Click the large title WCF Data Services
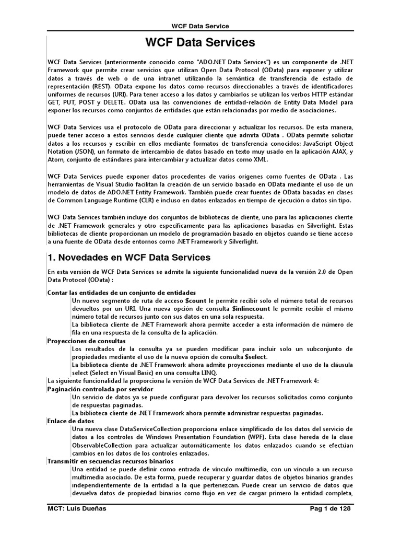[x=200, y=42]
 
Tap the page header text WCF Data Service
[x=200, y=26]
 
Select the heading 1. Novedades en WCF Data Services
[x=129, y=257]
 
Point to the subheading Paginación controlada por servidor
[x=100, y=389]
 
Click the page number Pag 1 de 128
[x=331, y=508]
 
